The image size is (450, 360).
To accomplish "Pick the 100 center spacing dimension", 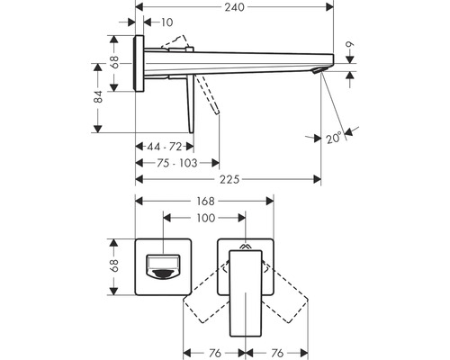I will click(203, 218).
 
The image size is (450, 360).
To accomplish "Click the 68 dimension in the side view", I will click(115, 64).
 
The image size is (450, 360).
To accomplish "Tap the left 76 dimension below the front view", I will click(213, 354).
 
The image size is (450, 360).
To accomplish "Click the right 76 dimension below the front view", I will click(278, 354).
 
